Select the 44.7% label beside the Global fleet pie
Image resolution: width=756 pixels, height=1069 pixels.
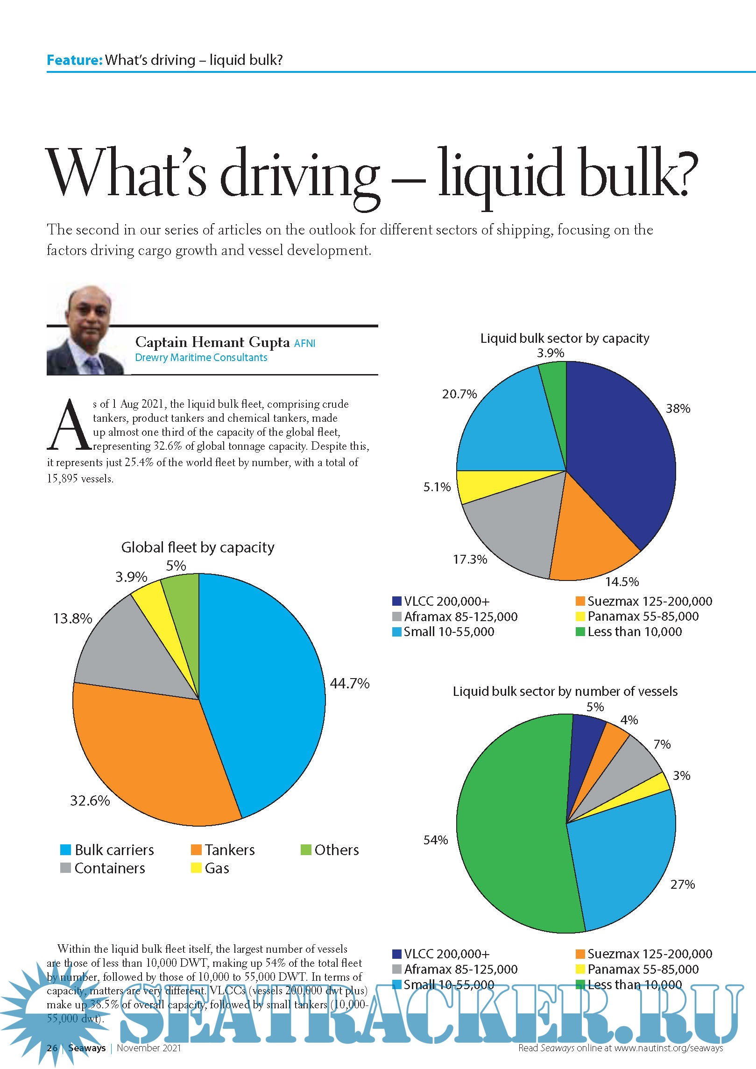coord(349,684)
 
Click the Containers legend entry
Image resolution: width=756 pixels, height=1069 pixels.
coord(103,868)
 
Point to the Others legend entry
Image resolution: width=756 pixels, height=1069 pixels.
coord(330,850)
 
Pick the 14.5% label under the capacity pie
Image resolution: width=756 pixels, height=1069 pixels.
coord(622,582)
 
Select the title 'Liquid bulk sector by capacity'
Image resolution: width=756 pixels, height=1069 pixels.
coord(565,338)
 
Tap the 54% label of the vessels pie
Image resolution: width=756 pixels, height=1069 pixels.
coord(435,840)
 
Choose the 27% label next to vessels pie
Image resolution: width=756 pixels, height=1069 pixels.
coord(682,885)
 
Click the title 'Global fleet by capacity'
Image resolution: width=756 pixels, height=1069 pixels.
coord(198,547)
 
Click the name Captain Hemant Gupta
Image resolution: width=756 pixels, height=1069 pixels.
coord(212,342)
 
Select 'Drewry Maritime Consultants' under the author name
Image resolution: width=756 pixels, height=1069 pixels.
coord(201,358)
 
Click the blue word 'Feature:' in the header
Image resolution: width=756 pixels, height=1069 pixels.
coord(74,60)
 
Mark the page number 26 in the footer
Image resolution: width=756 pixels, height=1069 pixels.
coord(52,1048)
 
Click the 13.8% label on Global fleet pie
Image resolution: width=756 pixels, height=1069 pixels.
coord(72,619)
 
